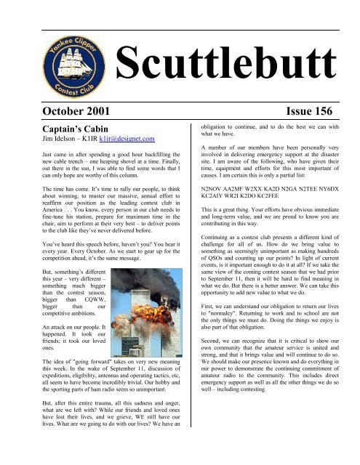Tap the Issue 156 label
point(313,110)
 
